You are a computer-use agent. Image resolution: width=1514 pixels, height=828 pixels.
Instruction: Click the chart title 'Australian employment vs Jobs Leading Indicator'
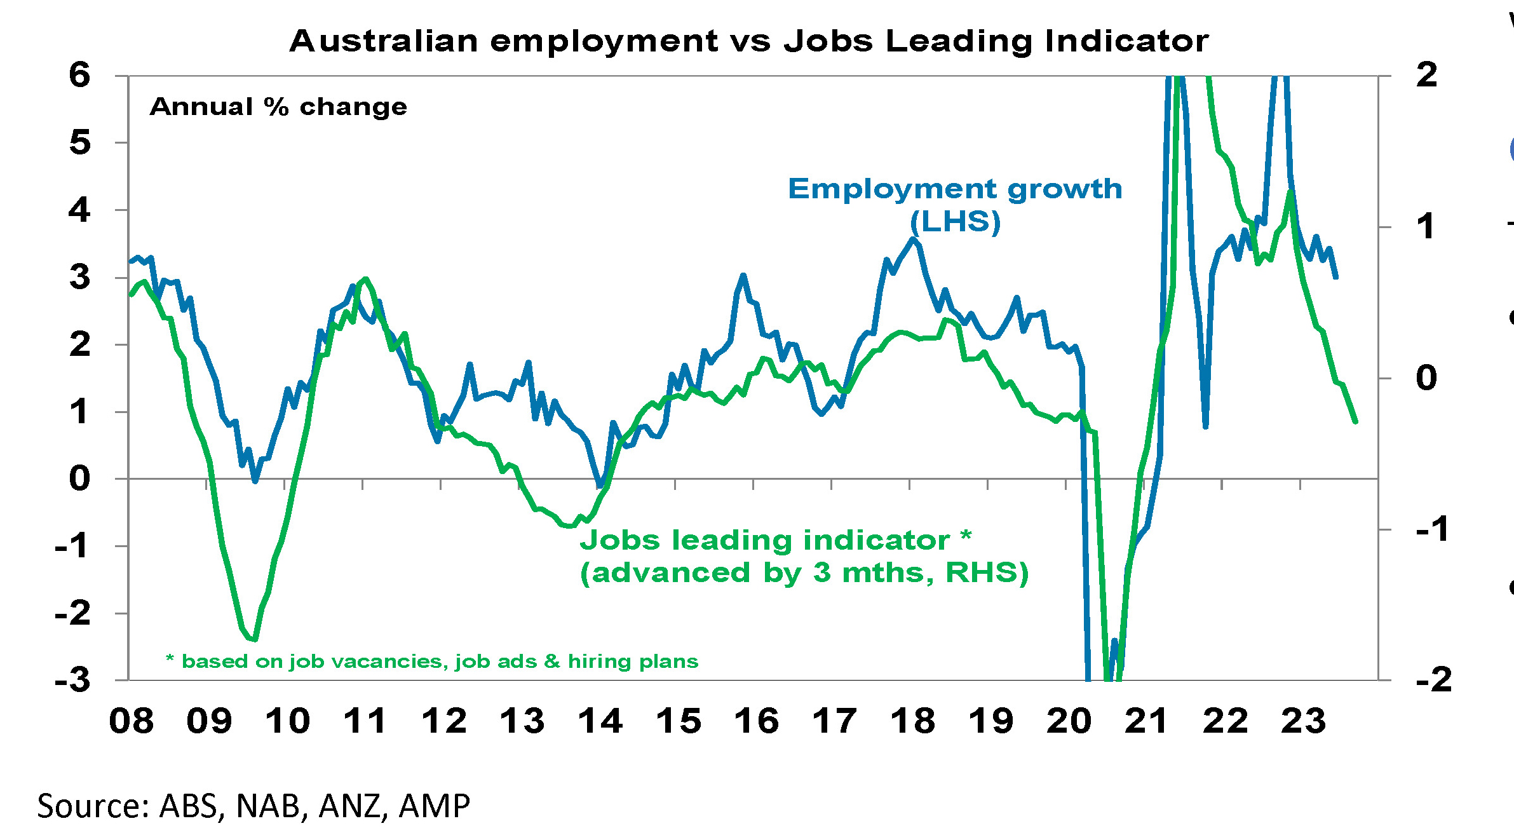click(748, 42)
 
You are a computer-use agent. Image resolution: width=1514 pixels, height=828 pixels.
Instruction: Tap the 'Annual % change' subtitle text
click(278, 107)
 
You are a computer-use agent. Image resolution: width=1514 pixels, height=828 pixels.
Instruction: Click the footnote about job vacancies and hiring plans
click(432, 662)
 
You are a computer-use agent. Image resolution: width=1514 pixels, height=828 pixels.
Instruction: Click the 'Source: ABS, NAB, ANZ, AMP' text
click(253, 805)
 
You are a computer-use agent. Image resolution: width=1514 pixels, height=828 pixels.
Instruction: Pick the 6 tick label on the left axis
click(80, 76)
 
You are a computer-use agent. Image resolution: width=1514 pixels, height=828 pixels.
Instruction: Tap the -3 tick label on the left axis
click(72, 681)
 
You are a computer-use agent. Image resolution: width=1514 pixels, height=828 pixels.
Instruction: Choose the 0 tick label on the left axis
click(80, 478)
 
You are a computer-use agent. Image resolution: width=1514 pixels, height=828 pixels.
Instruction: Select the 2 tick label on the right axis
click(1427, 76)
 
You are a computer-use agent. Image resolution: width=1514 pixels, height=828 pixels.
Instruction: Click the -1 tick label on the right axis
click(1432, 529)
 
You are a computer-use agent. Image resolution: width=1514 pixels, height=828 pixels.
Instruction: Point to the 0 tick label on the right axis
click(1427, 378)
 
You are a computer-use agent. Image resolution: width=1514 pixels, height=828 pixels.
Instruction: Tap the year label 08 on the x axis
click(132, 721)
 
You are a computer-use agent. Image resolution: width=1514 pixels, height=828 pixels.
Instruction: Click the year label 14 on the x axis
click(600, 721)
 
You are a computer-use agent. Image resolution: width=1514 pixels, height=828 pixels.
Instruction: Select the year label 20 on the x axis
click(1069, 721)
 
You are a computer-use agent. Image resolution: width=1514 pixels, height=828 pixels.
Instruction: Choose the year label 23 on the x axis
click(1304, 721)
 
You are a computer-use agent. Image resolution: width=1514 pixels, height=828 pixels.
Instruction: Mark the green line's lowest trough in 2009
click(254, 640)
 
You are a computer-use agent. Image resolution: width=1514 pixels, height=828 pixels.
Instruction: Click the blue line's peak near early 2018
click(913, 239)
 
